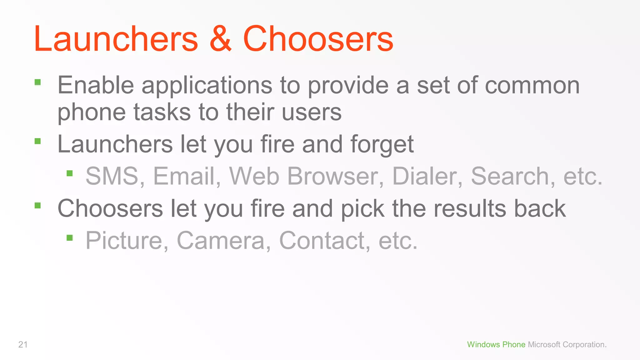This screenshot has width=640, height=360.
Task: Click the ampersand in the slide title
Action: (221, 39)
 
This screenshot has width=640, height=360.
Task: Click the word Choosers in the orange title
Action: (318, 39)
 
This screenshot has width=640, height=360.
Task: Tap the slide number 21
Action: (23, 344)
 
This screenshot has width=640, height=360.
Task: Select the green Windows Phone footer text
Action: (496, 344)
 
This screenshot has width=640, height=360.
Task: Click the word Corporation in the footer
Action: (584, 344)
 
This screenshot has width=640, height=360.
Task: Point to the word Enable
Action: (96, 85)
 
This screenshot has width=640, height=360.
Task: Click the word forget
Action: (382, 145)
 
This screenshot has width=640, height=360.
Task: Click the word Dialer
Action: (425, 176)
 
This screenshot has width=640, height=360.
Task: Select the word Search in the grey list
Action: (510, 176)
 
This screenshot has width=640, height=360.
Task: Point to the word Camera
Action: (221, 241)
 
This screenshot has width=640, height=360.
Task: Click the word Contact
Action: (322, 241)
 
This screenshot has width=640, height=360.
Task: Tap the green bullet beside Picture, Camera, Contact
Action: (70, 238)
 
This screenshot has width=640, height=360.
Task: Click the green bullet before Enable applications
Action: (38, 82)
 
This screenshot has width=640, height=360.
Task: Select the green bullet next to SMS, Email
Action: (70, 173)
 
